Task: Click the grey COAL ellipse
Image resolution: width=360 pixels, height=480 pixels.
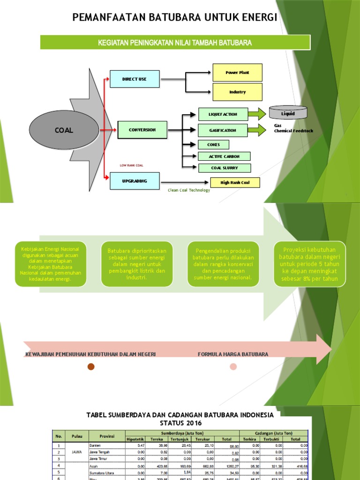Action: click(x=64, y=130)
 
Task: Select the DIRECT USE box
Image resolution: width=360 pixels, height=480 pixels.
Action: click(x=135, y=79)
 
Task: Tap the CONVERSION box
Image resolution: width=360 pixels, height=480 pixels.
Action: click(x=142, y=130)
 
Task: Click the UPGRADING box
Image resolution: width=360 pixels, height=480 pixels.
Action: click(x=135, y=180)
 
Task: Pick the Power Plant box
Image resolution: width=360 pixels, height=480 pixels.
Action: click(x=237, y=73)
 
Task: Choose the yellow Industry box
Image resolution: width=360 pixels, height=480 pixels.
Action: click(x=237, y=92)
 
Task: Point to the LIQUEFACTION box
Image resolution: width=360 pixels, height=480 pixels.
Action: click(x=223, y=114)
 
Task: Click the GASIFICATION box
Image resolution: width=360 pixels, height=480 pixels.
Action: click(x=223, y=130)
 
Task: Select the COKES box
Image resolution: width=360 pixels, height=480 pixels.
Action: click(x=213, y=145)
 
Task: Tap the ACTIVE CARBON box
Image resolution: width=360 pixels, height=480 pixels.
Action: click(x=224, y=157)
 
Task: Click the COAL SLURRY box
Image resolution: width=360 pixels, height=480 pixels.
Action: click(x=224, y=168)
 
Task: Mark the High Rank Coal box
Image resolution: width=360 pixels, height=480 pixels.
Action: click(x=234, y=183)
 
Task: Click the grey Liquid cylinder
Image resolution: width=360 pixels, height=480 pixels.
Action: click(x=288, y=112)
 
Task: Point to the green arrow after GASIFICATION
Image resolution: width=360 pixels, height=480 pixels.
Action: click(x=256, y=130)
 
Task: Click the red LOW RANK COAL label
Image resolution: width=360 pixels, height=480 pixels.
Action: click(x=132, y=165)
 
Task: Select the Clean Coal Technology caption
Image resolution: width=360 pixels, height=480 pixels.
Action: click(x=189, y=190)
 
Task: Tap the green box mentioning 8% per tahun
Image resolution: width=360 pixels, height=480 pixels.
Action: click(x=309, y=264)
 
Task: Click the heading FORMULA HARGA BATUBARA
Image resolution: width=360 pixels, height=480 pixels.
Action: click(x=233, y=354)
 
